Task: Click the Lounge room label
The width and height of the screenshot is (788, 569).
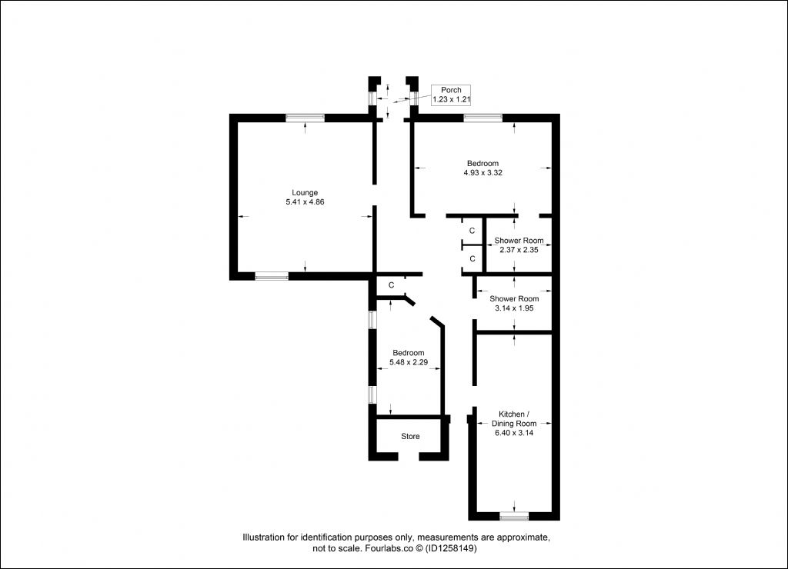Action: point(305,193)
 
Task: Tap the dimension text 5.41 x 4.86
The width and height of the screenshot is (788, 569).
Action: point(305,202)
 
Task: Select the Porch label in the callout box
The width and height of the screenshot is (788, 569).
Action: point(451,90)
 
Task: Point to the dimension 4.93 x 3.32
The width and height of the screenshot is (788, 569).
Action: point(482,173)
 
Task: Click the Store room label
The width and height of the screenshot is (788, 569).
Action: point(410,437)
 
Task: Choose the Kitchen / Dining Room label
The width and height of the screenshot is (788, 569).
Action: point(513,419)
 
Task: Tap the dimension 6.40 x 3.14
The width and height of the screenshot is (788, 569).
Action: point(513,433)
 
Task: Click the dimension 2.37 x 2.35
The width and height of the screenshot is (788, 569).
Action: point(519,250)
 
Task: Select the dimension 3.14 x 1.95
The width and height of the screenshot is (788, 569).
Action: point(514,308)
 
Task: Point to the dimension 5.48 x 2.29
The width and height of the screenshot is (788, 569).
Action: point(409,362)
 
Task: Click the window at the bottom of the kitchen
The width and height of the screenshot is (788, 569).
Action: point(514,516)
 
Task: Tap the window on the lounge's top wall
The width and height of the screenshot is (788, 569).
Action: point(305,118)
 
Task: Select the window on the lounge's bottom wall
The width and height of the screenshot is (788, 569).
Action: point(272,276)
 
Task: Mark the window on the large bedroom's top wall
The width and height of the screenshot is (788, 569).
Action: point(483,118)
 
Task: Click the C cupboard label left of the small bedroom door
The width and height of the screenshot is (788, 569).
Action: point(391,285)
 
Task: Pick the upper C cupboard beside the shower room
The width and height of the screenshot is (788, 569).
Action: point(472,231)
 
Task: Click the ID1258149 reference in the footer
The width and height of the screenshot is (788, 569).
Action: point(451,548)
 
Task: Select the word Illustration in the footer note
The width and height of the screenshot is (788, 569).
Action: point(263,537)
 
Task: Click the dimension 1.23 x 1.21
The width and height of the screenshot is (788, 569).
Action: point(451,99)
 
